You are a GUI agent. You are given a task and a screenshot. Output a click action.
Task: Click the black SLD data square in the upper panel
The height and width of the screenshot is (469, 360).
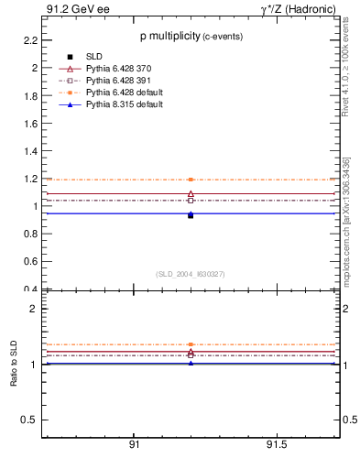coord(191,215)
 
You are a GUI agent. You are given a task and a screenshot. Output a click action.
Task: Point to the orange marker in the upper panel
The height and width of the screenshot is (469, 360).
coord(191,180)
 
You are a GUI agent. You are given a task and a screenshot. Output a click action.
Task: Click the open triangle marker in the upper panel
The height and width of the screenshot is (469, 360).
coord(191,194)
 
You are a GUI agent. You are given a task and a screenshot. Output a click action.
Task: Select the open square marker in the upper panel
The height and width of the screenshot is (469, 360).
coord(191,200)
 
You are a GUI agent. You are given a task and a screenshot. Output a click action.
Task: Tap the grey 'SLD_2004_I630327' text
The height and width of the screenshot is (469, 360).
coord(191,274)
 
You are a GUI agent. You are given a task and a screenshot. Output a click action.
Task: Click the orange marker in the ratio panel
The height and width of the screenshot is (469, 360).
coord(191,344)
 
